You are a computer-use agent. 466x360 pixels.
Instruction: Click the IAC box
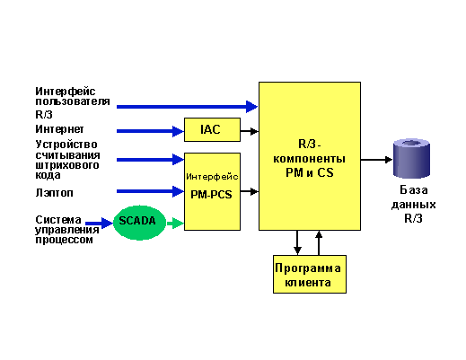click(212, 129)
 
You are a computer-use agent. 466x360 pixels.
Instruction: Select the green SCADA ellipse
click(139, 223)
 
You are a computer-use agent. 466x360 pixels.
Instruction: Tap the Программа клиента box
click(310, 274)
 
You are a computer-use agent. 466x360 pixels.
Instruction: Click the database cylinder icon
click(411, 158)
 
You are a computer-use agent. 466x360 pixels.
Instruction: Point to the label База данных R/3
click(413, 205)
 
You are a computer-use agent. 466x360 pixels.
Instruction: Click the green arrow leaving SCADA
click(175, 223)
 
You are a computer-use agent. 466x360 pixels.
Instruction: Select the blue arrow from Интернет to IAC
click(150, 131)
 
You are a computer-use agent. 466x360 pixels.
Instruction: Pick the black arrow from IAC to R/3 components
click(250, 131)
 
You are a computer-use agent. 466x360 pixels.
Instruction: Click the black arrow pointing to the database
click(376, 160)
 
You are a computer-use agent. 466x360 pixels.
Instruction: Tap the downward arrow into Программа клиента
click(297, 242)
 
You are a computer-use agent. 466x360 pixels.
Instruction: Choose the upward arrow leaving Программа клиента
click(319, 242)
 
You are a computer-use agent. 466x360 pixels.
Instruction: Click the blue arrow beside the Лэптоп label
click(150, 191)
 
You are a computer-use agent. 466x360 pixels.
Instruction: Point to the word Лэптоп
click(54, 193)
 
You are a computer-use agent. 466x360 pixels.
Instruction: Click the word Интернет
click(59, 129)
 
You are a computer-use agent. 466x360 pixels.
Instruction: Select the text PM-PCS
click(211, 195)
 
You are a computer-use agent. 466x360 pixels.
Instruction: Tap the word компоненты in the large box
click(310, 159)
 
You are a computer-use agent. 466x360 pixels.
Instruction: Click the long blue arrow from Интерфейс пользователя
click(187, 107)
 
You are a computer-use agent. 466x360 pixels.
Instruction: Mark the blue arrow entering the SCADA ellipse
click(99, 223)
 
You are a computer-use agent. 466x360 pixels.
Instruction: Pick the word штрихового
click(67, 165)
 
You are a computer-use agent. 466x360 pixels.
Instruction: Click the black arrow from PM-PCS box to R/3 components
click(250, 191)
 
